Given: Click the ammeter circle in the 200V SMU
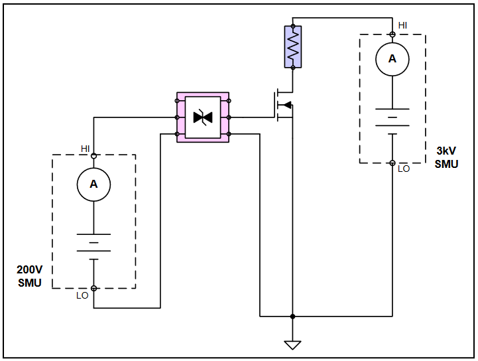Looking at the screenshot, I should [93, 184].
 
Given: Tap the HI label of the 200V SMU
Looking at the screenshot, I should [86, 148].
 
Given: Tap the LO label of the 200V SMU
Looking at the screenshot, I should [82, 295].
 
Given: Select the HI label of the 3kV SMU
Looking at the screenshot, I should [402, 25].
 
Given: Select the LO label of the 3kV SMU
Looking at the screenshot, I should [404, 169].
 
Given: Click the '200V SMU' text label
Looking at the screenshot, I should [29, 277].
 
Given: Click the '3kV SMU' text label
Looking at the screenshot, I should [446, 157].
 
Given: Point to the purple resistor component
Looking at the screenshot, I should [292, 46].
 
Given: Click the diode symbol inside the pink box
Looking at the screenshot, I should [202, 117].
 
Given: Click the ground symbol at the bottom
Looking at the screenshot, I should [292, 344].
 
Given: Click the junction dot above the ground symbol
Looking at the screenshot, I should [292, 316].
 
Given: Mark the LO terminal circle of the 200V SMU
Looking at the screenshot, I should [93, 288].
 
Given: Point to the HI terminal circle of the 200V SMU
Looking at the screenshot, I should [93, 155].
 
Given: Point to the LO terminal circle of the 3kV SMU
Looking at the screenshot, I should [392, 163].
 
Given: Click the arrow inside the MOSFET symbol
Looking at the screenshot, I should [287, 105].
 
